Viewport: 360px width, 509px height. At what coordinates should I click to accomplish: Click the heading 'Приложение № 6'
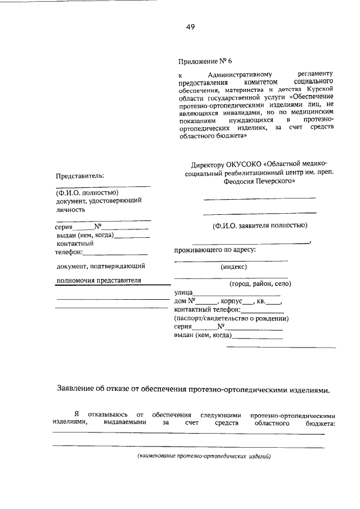click(x=204, y=61)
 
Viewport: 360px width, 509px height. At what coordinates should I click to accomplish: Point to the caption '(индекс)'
click(x=233, y=267)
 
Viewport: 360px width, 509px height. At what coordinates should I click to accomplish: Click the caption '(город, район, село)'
click(x=259, y=283)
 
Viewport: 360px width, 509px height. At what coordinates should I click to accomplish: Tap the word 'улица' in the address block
click(x=184, y=292)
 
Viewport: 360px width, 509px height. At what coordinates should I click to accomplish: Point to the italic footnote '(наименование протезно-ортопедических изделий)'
click(x=204, y=456)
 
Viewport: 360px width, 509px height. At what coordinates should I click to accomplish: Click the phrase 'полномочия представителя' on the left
click(x=99, y=280)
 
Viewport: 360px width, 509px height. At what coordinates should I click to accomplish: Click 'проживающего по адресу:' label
click(x=215, y=249)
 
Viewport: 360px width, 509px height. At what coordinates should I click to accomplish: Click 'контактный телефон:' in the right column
click(x=208, y=309)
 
